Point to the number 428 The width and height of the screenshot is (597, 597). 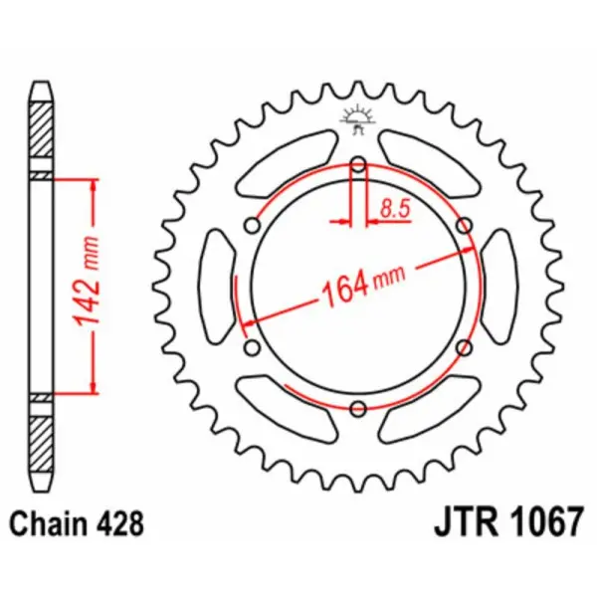[124, 521]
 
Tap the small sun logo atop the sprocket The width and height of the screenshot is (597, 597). [357, 116]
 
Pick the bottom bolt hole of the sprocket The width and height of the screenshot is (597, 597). [358, 406]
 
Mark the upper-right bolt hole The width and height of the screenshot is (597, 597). [463, 227]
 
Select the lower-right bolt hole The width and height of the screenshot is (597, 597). [463, 346]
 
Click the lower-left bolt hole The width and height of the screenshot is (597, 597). [253, 346]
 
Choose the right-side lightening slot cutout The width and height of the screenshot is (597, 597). [500, 287]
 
